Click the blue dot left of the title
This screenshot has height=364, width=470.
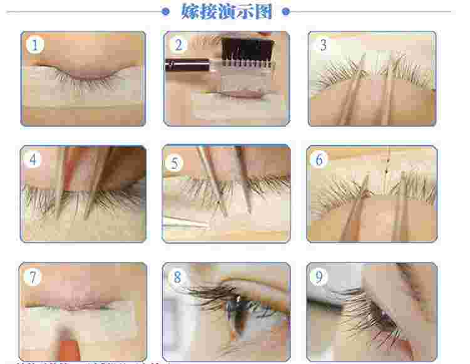166,11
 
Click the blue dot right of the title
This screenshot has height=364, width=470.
286,11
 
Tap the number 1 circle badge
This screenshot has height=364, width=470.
35,45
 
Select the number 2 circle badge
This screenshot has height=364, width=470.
179,44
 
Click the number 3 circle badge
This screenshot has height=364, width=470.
323,45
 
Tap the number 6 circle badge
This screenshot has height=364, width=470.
320,160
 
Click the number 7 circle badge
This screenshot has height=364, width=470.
32,276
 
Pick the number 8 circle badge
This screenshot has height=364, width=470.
177,276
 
